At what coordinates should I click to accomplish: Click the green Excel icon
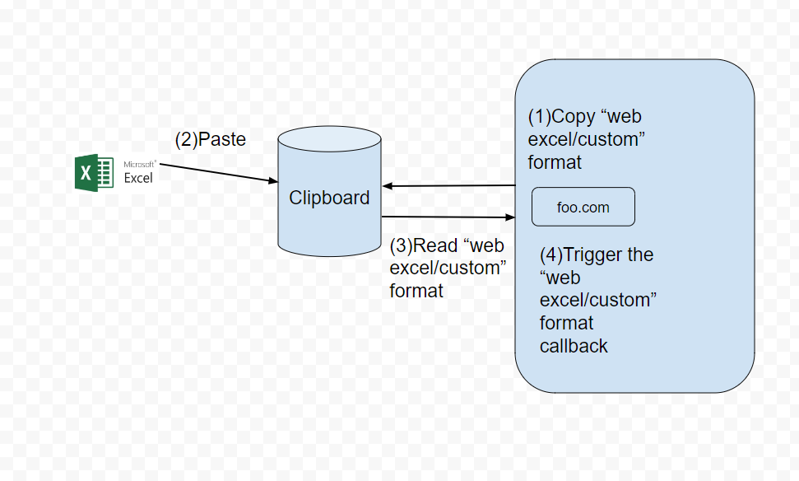point(93,172)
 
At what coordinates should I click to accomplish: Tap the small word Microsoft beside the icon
point(138,165)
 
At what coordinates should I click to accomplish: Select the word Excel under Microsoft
point(138,178)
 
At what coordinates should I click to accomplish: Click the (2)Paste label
point(210,140)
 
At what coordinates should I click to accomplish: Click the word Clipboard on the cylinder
point(329,198)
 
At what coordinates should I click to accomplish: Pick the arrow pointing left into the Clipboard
point(448,186)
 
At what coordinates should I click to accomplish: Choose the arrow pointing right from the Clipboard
point(448,217)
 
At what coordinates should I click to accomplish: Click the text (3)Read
point(421,246)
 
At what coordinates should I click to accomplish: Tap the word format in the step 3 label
point(416,291)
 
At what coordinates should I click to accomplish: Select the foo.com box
point(583,207)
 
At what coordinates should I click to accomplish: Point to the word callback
point(574,346)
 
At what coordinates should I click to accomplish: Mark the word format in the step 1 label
point(555,162)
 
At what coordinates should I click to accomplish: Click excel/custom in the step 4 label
point(597,301)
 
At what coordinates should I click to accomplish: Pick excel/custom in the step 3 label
point(448,269)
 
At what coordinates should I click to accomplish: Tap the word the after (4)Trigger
point(640,255)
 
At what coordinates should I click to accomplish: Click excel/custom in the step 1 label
point(585,140)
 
